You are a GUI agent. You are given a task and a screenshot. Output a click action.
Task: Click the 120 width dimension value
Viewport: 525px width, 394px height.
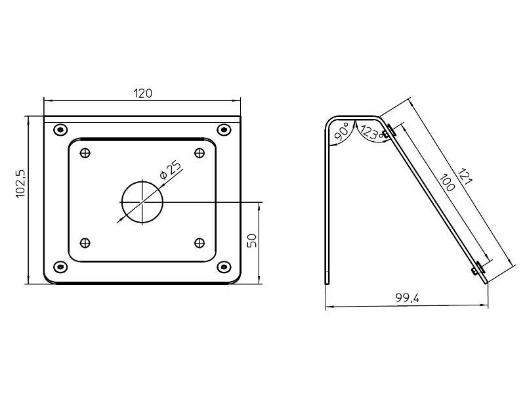pos(143,93)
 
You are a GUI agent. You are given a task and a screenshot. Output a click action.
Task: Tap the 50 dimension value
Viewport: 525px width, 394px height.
pos(251,240)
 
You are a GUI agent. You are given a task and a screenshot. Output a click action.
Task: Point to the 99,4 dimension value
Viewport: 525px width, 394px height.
pos(407,299)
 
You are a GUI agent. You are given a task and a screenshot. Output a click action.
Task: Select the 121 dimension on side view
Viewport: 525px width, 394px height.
pos(465,179)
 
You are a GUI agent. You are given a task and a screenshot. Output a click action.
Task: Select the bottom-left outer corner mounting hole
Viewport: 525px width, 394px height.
pos(60,267)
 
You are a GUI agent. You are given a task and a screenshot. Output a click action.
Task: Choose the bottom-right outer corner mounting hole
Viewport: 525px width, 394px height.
pos(224,267)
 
